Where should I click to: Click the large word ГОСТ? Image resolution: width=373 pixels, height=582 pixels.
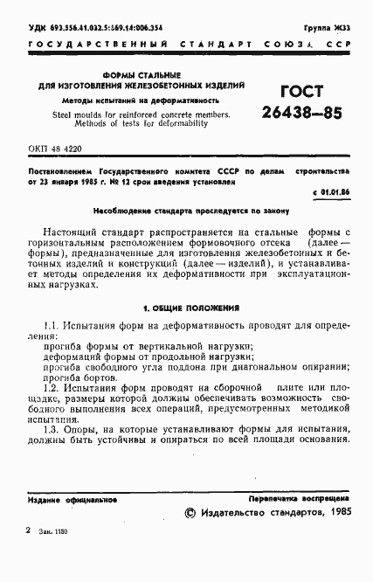[x=300, y=93]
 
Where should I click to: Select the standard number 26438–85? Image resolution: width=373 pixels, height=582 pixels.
[x=300, y=113]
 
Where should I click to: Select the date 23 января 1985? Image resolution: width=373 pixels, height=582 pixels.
[x=75, y=181]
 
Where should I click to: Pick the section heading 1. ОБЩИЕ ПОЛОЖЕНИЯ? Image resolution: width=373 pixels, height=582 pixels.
[x=185, y=309]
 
